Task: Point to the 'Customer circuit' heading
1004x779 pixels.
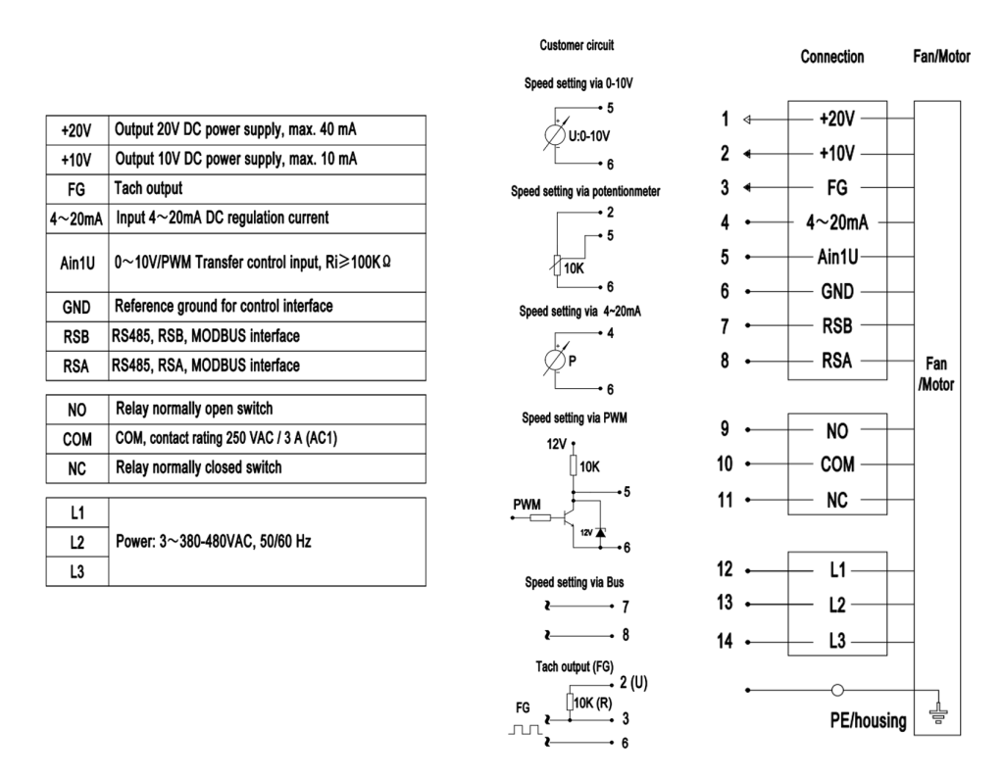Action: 577,45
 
